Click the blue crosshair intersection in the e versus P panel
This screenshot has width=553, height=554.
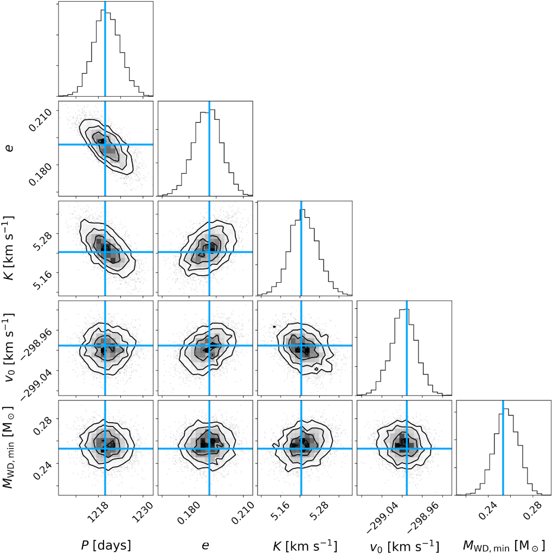(x=105, y=144)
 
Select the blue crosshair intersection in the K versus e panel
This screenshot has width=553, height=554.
(x=209, y=252)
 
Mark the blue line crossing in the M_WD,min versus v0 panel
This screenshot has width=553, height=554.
(x=406, y=449)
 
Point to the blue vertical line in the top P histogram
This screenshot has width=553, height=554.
(x=105, y=49)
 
